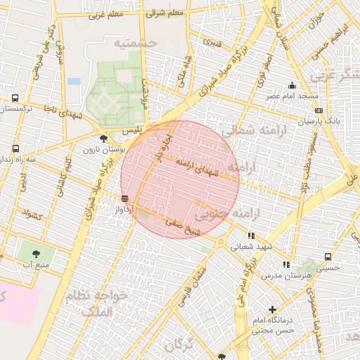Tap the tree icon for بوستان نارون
(x=104, y=139)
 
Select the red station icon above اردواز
(x=124, y=198)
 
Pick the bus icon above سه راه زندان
(x=15, y=149)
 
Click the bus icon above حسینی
(x=328, y=257)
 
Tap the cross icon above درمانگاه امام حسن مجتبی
(x=272, y=309)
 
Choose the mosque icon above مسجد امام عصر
(x=292, y=86)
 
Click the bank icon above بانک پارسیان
(x=319, y=110)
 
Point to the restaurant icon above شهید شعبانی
(x=251, y=236)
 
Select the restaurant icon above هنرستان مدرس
(x=285, y=264)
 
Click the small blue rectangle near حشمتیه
(x=74, y=81)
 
